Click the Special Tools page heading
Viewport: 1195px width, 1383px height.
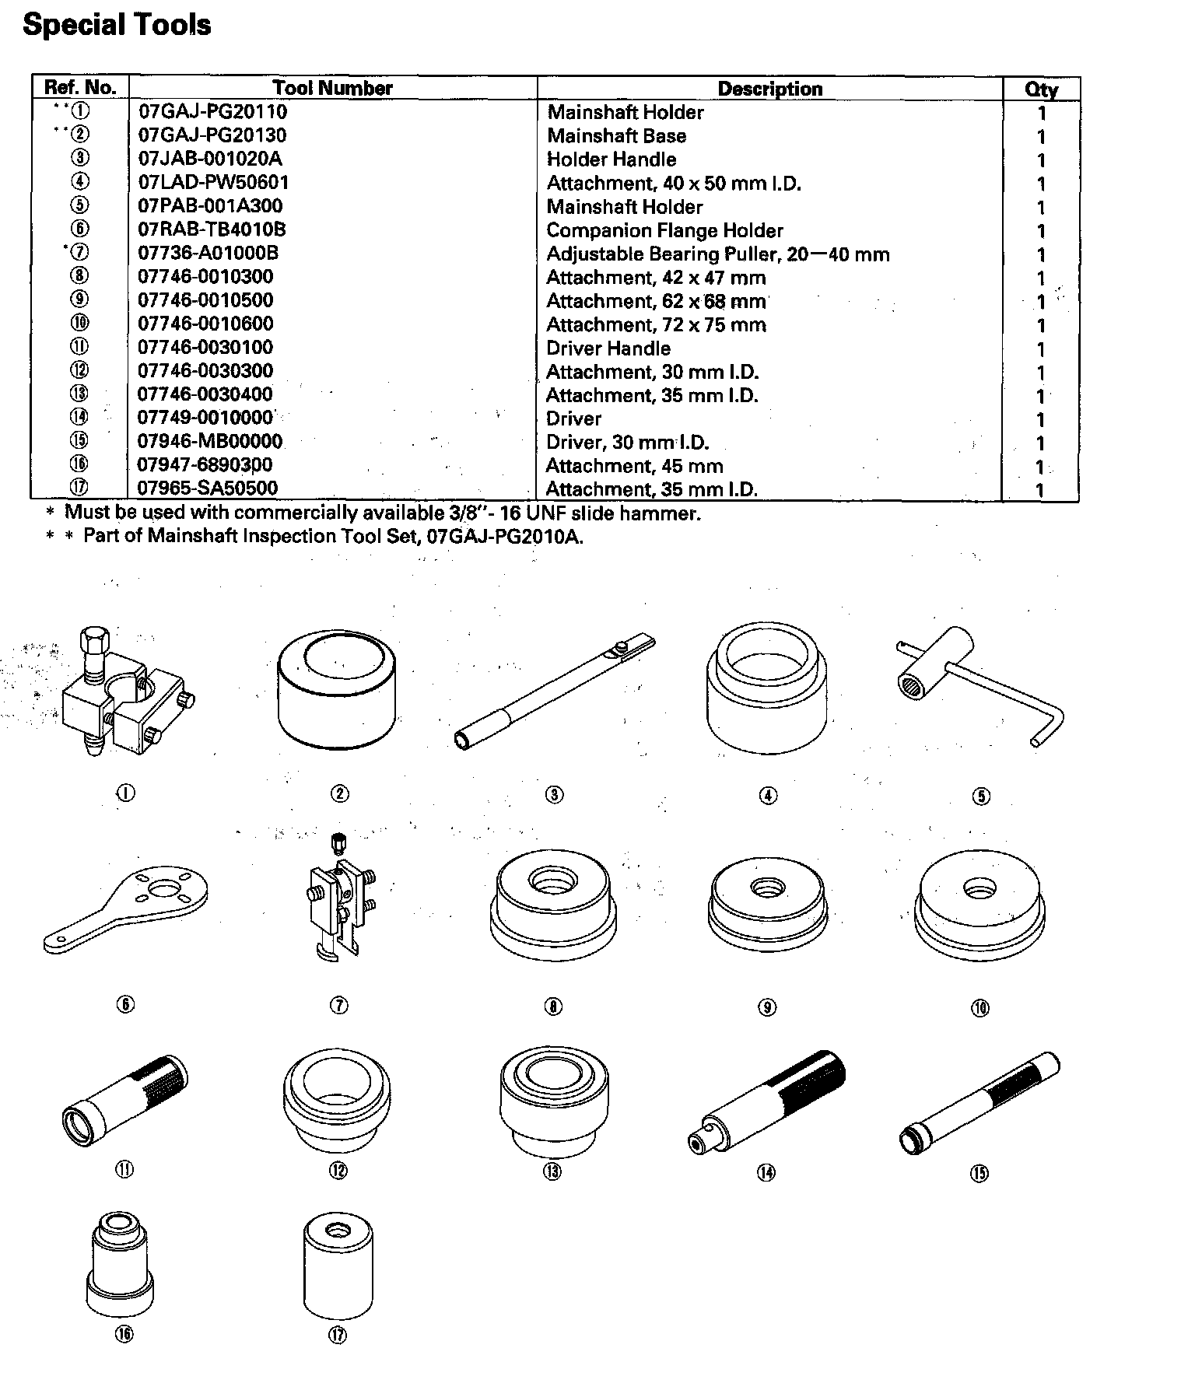click(x=117, y=25)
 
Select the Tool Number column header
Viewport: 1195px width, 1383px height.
click(x=332, y=88)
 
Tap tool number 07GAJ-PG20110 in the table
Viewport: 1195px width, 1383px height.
click(x=212, y=111)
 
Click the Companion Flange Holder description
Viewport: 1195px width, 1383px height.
click(x=664, y=230)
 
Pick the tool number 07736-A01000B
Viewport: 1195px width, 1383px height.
click(x=208, y=253)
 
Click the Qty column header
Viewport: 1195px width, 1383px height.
click(x=1040, y=89)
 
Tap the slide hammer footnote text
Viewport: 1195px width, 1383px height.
click(x=382, y=513)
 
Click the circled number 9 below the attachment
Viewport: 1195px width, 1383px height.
click(x=767, y=1007)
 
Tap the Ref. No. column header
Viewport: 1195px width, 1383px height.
click(x=80, y=87)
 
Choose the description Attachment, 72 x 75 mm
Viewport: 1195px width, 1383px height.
click(x=656, y=324)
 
